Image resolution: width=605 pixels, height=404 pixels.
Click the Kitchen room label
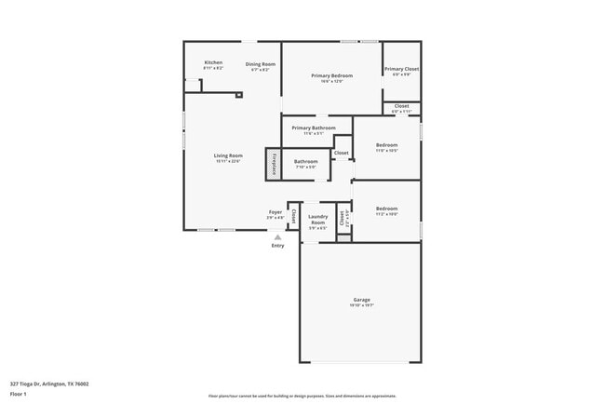click(213, 62)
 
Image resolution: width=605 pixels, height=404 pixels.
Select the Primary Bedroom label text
click(332, 75)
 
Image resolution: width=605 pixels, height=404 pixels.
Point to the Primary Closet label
click(401, 69)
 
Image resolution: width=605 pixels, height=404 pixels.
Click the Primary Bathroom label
click(313, 128)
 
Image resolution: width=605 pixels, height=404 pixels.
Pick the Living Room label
click(228, 155)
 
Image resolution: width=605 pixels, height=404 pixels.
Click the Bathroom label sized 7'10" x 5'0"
click(306, 162)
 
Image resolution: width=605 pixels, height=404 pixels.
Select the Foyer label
click(276, 211)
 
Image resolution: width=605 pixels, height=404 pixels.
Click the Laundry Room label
click(317, 220)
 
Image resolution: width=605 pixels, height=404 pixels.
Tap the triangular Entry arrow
click(276, 237)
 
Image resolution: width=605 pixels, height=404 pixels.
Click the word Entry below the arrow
click(277, 246)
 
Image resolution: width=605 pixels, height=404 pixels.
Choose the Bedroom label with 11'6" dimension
click(386, 145)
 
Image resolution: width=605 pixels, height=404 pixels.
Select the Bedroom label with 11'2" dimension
click(386, 209)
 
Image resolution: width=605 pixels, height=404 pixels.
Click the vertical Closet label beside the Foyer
click(294, 216)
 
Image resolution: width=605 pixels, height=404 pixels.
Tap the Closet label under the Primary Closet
click(401, 106)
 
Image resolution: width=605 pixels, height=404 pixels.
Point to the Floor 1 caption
click(19, 394)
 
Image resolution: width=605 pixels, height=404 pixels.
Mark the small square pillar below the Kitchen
click(239, 94)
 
